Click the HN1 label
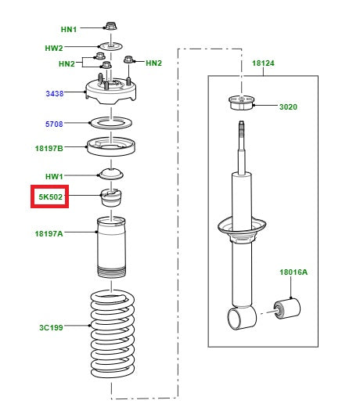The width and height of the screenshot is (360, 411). coord(69,29)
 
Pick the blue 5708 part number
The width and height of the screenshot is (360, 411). coord(53,124)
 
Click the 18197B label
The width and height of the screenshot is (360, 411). coord(49,146)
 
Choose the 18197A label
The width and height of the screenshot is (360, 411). coord(49,233)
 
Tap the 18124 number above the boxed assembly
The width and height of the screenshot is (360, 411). coord(263,63)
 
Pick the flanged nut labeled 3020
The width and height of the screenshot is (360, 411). coord(240,103)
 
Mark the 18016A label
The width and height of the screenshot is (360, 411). coord(293,272)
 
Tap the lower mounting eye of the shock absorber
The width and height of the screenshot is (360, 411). coord(239,317)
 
